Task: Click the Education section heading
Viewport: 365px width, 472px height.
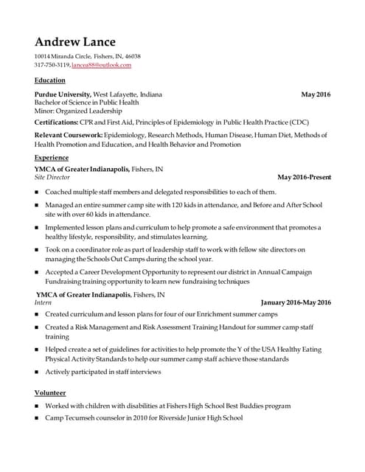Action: [50, 80]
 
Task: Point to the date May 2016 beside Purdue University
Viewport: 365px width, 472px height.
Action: [316, 95]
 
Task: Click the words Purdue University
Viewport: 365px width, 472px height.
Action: [63, 95]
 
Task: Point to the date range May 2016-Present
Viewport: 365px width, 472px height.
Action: [304, 178]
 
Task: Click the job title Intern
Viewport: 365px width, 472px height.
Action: [44, 303]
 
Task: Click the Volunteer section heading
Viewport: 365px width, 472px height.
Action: [50, 393]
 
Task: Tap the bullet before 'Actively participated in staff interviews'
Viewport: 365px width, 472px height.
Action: [38, 372]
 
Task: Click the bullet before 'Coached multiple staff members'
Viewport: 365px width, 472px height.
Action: [38, 192]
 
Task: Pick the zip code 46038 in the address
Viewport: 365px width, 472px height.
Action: [133, 56]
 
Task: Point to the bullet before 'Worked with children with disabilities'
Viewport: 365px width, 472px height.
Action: [38, 406]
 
